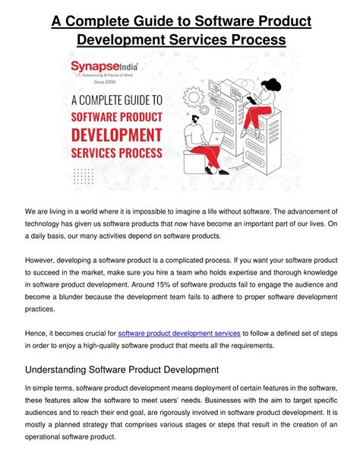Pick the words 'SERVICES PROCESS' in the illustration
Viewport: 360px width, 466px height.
point(115,153)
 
